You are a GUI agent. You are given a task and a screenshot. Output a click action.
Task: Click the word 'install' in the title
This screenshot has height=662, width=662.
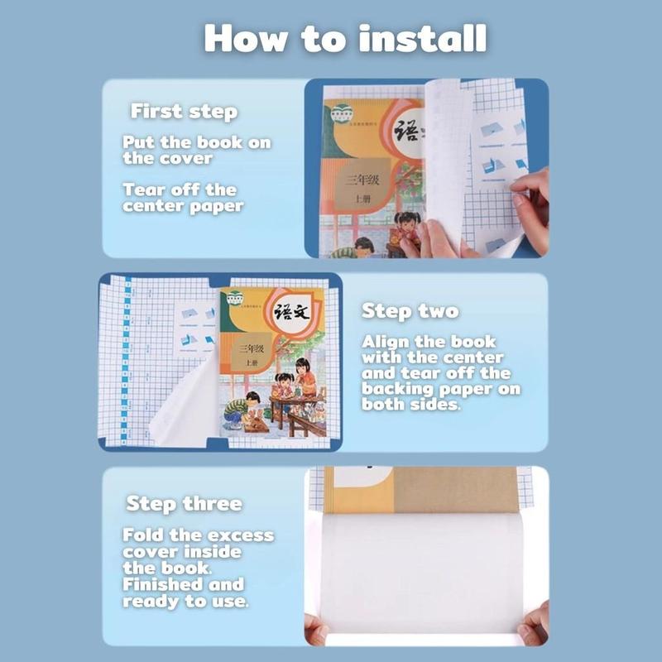coord(423,38)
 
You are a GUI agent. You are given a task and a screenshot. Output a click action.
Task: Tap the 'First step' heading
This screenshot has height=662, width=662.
coord(184,112)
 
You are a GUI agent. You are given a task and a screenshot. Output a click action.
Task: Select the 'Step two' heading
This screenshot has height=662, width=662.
coord(410,312)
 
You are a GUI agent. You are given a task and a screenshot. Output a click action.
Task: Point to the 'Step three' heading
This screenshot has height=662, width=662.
coord(185,504)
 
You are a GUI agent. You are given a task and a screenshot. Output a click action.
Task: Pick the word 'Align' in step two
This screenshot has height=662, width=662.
coord(385,342)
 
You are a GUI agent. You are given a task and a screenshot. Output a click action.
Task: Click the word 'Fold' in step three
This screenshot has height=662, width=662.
coord(142,535)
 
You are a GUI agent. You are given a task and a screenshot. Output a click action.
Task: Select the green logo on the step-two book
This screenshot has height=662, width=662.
coord(235,299)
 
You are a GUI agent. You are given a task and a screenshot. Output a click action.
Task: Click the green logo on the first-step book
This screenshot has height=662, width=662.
coord(342,113)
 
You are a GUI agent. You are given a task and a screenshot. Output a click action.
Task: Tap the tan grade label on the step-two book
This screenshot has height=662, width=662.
coord(252,354)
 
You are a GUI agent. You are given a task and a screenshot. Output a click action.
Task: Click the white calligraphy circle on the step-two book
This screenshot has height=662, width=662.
coord(292,313)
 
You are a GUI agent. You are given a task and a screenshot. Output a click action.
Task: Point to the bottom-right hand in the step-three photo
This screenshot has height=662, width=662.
coord(535,624)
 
